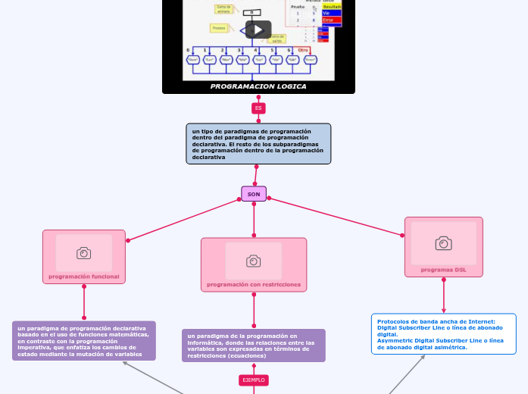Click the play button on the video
pos(258,30)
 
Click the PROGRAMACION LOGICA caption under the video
pos(258,86)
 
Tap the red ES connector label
pos(258,108)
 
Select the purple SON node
pos(254,194)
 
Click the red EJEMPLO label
pos(253,379)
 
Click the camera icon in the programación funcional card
pos(84,253)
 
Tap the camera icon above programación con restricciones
pos(254,261)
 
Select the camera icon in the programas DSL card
pos(443,243)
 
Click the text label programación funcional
pos(84,277)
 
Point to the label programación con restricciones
pos(254,285)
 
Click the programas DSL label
pos(444,270)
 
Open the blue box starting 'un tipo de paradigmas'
pos(258,144)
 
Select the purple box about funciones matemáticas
pos(84,341)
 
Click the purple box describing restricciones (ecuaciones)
pos(254,346)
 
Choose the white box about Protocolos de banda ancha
pos(443,333)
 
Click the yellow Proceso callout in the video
pos(220,28)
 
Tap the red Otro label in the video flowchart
pos(303,49)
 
